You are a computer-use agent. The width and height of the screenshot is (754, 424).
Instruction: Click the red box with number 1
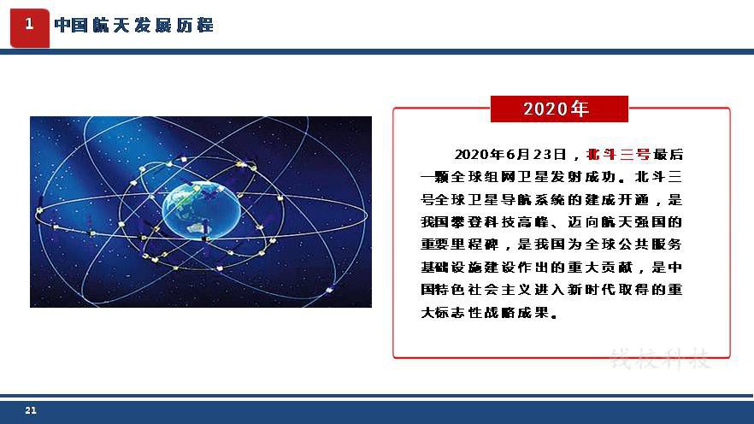[30, 28]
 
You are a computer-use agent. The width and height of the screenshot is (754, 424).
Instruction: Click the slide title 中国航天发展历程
[134, 25]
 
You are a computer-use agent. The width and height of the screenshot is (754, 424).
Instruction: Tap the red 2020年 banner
[559, 109]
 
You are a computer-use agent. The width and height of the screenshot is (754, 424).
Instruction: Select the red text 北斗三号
[619, 155]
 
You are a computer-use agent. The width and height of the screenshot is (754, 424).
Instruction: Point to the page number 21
[31, 410]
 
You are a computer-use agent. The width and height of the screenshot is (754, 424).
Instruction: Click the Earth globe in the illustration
[201, 210]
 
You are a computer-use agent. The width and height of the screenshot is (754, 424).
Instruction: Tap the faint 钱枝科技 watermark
[660, 359]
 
